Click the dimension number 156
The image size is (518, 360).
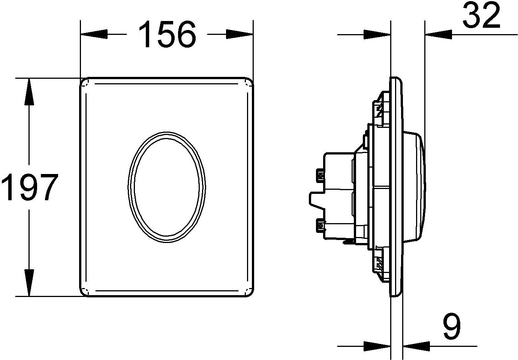pyautogui.click(x=167, y=34)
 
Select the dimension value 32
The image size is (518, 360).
pyautogui.click(x=481, y=16)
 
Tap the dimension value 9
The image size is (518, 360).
pyautogui.click(x=451, y=327)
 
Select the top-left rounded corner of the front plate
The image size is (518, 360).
pyautogui.click(x=85, y=83)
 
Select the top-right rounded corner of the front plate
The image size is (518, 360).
pyautogui.click(x=249, y=83)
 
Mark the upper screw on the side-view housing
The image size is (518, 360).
pyautogui.click(x=321, y=175)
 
